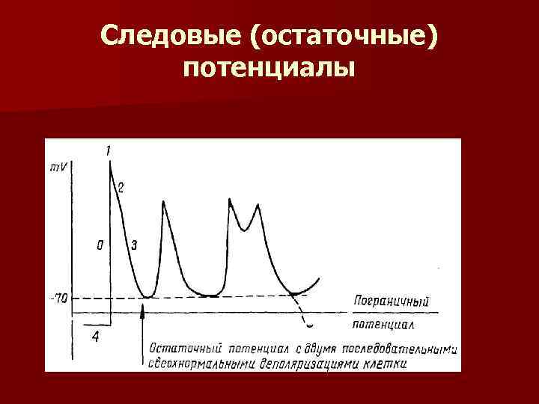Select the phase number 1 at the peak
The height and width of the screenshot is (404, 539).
(x=109, y=152)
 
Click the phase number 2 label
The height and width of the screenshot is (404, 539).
(x=121, y=187)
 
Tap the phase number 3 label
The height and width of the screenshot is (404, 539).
(x=133, y=245)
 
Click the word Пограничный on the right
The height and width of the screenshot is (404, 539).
(x=391, y=302)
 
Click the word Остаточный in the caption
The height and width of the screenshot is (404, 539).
(x=184, y=348)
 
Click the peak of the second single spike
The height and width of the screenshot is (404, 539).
(x=163, y=202)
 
